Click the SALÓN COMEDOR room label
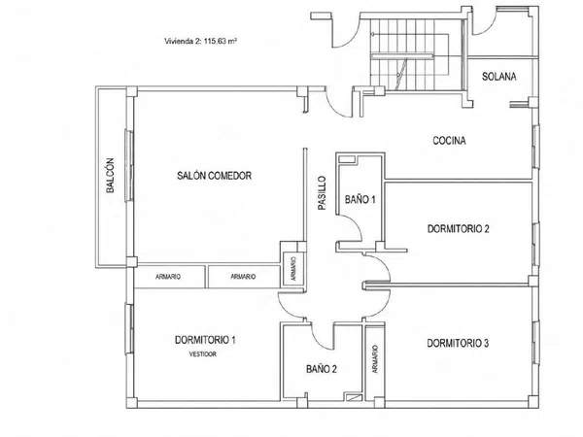214,176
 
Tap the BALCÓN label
110,176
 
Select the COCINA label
449,141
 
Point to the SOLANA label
499,76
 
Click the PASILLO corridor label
322,193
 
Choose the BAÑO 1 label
360,199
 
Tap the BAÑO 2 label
322,369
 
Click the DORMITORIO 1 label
205,340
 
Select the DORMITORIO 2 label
458,228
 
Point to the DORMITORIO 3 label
458,343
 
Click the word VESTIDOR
203,354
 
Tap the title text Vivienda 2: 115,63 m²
201,41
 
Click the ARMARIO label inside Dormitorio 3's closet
375,359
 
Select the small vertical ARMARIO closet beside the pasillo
293,269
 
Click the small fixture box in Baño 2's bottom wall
353,397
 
